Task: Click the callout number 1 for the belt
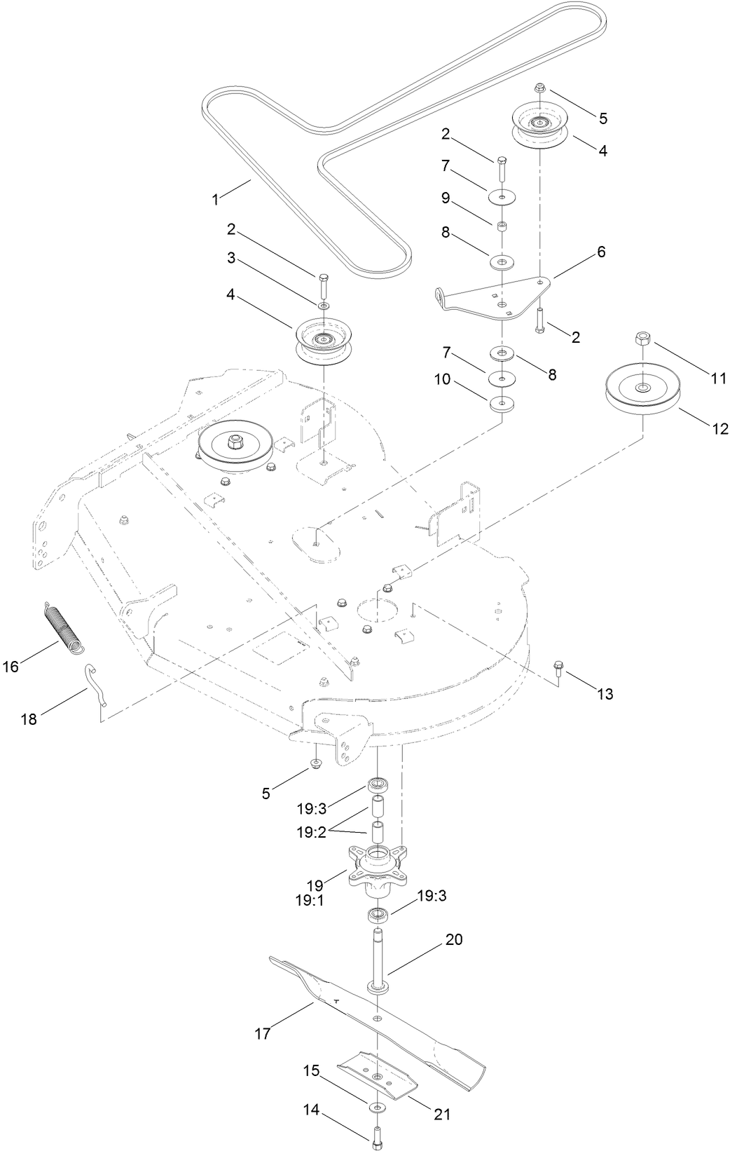[x=216, y=199]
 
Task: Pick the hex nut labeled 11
[x=643, y=339]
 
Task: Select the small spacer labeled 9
[x=502, y=226]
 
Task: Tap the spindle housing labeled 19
[x=378, y=871]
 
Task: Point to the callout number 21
[x=442, y=1095]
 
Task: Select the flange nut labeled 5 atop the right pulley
[x=541, y=88]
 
